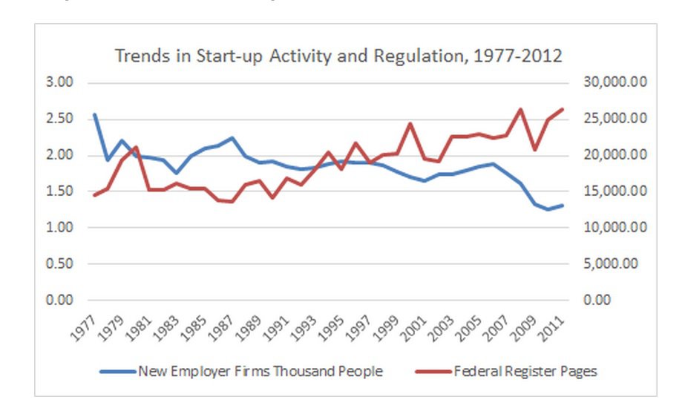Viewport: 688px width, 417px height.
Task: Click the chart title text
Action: pos(337,56)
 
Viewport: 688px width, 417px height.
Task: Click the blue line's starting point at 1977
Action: pos(94,115)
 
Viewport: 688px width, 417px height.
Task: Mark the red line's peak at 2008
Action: pos(520,110)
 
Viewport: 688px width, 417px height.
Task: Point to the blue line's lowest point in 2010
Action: pos(548,209)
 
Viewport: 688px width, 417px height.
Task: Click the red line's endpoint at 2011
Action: pos(562,109)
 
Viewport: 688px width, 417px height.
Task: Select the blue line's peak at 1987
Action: pos(232,138)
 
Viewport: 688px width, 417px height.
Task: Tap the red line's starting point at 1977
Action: pos(94,195)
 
